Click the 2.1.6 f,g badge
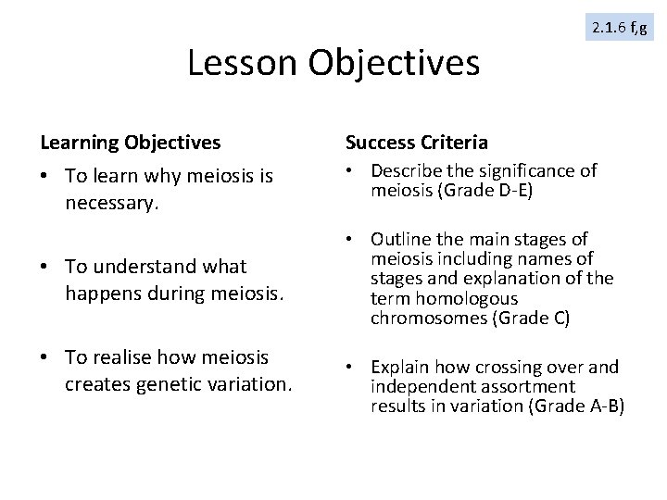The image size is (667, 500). coord(620,29)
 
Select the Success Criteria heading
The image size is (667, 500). coord(416,143)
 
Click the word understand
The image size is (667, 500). coord(154,267)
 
